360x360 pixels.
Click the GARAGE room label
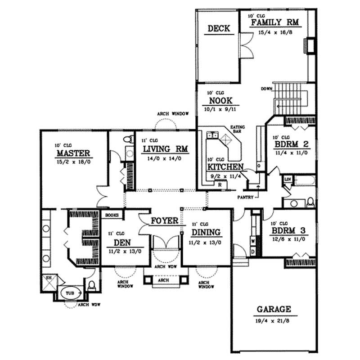274,310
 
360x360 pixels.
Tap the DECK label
219,29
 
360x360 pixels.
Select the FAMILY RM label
275,22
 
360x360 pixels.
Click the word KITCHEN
225,167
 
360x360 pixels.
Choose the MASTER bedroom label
74,153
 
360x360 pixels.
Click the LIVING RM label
165,149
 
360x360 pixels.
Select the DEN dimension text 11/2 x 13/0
122,251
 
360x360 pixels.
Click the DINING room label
206,232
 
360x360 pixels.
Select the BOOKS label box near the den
112,215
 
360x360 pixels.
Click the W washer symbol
253,241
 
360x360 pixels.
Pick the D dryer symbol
253,250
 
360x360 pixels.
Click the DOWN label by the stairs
266,89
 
